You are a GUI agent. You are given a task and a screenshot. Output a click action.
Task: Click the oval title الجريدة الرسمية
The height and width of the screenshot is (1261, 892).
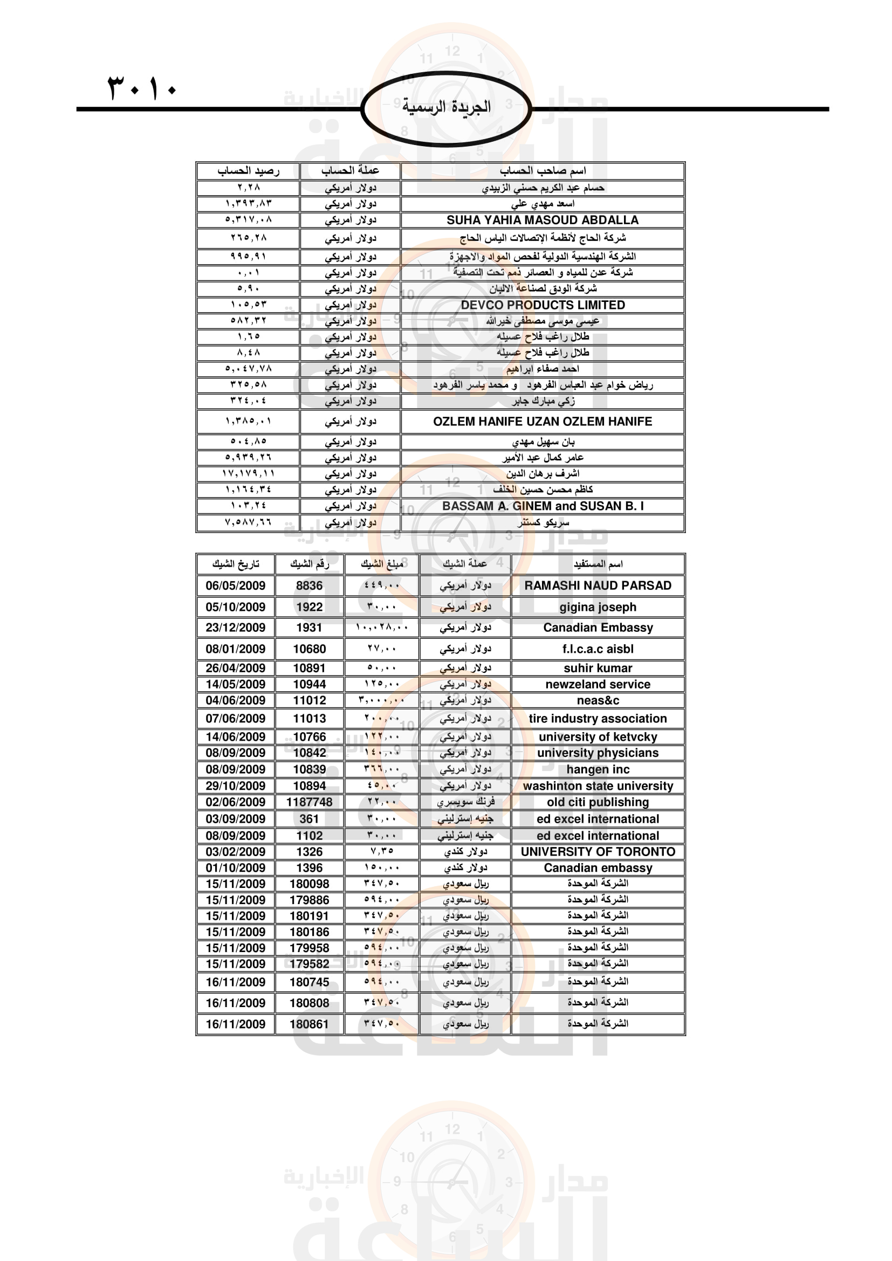pos(446,107)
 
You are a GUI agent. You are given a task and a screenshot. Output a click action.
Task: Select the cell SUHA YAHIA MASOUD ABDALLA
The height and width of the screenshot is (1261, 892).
pos(542,220)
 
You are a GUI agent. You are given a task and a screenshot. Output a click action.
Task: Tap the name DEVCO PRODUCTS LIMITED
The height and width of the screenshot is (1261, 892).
pos(542,305)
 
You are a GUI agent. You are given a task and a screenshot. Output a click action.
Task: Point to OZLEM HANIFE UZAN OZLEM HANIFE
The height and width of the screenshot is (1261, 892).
pos(542,421)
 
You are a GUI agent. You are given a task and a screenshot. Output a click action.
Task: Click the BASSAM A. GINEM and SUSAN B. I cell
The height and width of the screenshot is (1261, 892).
pos(542,506)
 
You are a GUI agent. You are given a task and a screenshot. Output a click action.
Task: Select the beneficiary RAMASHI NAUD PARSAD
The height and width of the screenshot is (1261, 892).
pos(598,585)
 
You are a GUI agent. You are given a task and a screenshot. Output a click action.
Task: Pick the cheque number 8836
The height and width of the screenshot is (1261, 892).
pos(309,585)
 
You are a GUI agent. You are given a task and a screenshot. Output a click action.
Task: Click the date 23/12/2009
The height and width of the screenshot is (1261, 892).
pos(235,627)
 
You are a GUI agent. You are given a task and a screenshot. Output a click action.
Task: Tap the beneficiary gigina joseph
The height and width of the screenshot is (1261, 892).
pos(598,607)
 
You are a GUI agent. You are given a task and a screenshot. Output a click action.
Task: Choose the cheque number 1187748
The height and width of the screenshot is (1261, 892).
pos(309,802)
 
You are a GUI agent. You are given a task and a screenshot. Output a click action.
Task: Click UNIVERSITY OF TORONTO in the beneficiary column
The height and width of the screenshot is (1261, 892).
pos(598,851)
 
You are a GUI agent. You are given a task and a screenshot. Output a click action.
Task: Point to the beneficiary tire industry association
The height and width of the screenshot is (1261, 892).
pos(598,718)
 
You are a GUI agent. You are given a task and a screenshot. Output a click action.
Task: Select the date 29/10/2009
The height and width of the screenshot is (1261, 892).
pos(235,786)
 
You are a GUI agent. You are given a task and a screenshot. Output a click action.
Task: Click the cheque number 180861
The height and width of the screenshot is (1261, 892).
pos(309,1024)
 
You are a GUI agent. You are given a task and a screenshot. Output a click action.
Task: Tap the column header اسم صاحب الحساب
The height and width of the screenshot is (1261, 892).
pos(542,171)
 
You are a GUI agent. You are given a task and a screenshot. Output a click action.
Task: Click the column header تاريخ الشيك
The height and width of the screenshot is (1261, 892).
pos(235,564)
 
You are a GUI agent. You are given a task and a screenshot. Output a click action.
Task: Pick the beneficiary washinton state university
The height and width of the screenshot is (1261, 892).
pos(598,786)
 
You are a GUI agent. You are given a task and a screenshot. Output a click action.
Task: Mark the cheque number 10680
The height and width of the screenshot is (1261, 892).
pos(309,649)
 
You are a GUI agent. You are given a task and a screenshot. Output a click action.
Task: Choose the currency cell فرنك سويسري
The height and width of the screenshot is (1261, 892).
pos(465,802)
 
